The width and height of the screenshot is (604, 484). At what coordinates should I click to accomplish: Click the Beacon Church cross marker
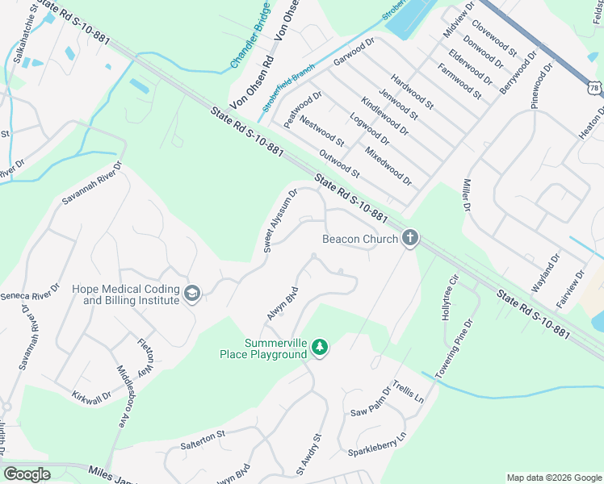point(410,239)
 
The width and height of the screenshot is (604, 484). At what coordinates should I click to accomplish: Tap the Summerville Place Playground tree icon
point(321,347)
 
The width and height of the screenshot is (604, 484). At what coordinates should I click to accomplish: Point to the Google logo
point(27,474)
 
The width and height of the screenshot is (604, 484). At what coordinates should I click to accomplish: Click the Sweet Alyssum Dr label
point(281,220)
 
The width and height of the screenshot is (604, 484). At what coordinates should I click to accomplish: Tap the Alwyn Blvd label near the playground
point(285,304)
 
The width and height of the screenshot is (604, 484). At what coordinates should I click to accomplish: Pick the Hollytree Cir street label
point(449,298)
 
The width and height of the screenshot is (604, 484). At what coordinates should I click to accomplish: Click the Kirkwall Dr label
point(90,397)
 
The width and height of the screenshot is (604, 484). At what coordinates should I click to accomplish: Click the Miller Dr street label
point(466,194)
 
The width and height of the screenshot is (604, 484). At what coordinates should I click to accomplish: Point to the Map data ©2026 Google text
point(553,478)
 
